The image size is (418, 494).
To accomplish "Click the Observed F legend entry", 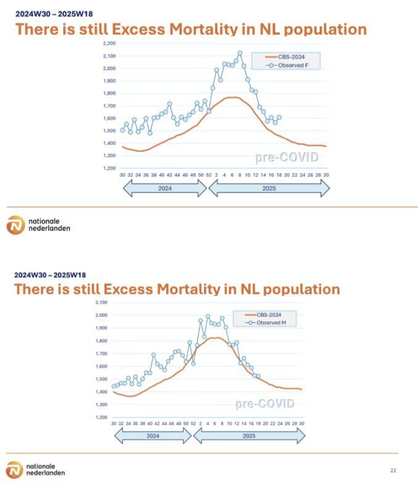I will click(289, 65).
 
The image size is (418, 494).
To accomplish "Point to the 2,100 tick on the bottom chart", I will click(100, 303).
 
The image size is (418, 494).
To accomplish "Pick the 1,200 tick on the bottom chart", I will click(100, 417).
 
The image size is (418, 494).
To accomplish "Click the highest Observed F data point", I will click(240, 53).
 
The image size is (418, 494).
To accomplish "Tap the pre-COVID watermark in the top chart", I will click(287, 157).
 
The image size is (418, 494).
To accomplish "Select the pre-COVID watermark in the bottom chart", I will click(264, 404).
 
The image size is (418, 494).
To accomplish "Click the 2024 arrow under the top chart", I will click(165, 188).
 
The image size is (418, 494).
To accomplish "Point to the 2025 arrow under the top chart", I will click(269, 188).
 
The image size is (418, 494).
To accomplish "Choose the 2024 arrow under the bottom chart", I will click(153, 435).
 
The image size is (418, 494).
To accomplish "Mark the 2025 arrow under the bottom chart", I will click(249, 435).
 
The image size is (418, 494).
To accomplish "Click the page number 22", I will click(393, 471).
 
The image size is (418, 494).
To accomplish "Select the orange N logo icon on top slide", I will click(15, 225).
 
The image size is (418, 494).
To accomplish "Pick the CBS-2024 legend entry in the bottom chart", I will click(266, 315).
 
